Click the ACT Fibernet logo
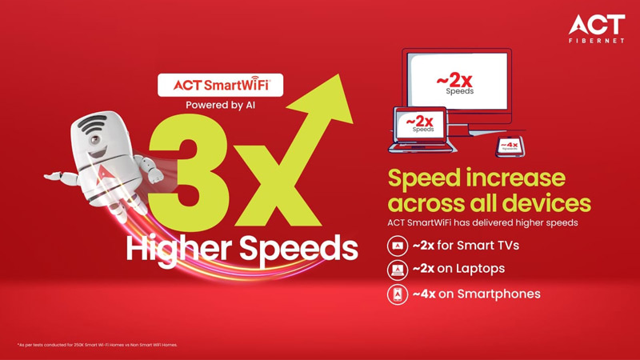pos(596,27)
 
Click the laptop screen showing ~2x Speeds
pos(422,125)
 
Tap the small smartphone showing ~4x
pos(509,146)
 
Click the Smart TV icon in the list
pos(397,246)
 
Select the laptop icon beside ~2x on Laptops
pos(397,270)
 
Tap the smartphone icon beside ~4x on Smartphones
pos(397,294)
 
